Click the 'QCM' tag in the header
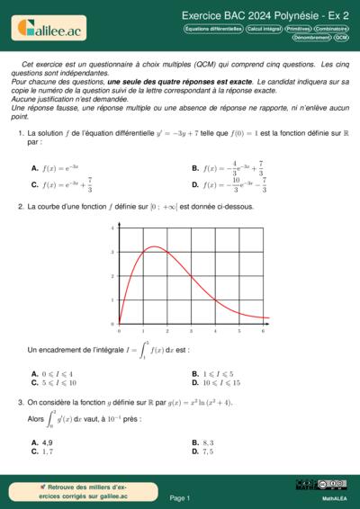pyautogui.click(x=342, y=38)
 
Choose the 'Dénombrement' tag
pyautogui.click(x=312, y=38)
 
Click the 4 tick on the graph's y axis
pyautogui.click(x=112, y=228)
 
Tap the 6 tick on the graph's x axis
pyautogui.click(x=262, y=330)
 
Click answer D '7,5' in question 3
pyautogui.click(x=206, y=451)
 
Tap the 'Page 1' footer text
pyautogui.click(x=180, y=497)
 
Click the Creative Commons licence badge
pyautogui.click(x=320, y=486)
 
